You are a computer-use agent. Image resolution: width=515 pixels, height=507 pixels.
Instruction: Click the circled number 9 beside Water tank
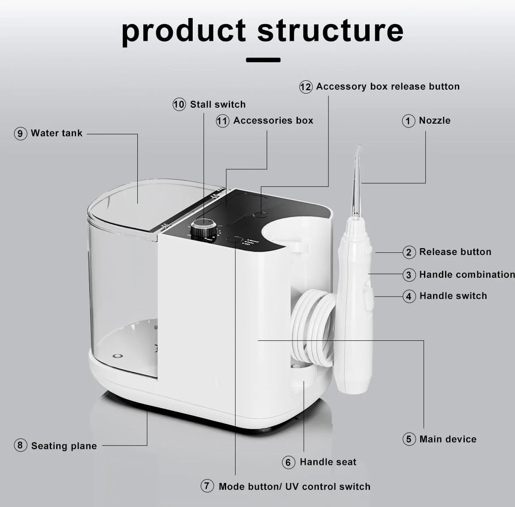click(x=20, y=134)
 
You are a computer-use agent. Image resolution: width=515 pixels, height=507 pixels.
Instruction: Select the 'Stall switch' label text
click(x=218, y=104)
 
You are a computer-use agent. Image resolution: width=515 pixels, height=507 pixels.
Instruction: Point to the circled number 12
click(x=306, y=87)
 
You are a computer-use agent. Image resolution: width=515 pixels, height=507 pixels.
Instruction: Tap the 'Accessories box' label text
click(x=273, y=121)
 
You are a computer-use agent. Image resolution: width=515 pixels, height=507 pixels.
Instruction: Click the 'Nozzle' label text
click(x=434, y=121)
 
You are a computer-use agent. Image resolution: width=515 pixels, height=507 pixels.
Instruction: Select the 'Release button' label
click(x=455, y=252)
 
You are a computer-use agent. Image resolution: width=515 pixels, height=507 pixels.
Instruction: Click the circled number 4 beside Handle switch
click(x=409, y=296)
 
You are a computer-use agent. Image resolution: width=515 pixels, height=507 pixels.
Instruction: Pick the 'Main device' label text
click(x=448, y=439)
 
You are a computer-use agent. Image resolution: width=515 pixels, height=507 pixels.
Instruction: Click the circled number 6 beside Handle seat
click(x=288, y=462)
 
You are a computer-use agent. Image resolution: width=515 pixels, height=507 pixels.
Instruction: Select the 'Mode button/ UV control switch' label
click(x=294, y=486)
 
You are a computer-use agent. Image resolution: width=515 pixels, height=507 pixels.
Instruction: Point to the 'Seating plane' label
click(x=64, y=446)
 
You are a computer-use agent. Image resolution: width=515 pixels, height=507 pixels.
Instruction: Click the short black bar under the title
click(x=263, y=60)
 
